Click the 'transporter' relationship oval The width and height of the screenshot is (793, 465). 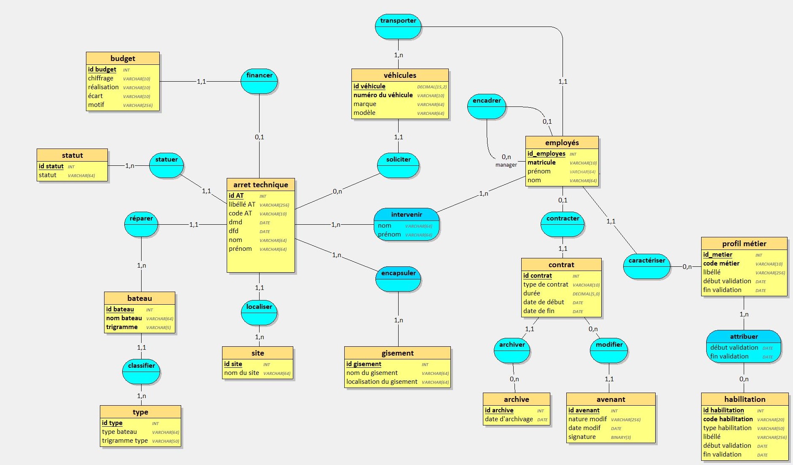click(x=398, y=27)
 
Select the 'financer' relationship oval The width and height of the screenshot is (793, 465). click(x=259, y=81)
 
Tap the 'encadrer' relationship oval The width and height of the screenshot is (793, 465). click(x=487, y=106)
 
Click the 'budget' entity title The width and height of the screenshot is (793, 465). click(x=123, y=58)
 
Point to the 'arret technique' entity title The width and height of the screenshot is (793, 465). click(x=260, y=185)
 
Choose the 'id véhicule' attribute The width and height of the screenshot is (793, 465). click(x=369, y=86)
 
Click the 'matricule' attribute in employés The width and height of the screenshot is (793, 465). click(x=541, y=162)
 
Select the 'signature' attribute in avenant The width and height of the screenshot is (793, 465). click(x=582, y=437)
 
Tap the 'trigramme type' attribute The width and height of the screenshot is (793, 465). click(x=125, y=441)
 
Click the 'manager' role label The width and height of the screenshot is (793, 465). click(x=506, y=165)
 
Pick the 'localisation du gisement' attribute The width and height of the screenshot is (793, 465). click(x=382, y=382)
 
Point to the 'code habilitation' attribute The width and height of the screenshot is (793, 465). click(x=728, y=419)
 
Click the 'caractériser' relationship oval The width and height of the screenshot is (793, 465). click(x=646, y=266)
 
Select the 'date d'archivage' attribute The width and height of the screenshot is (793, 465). click(x=509, y=419)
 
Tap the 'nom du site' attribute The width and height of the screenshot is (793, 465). click(x=241, y=373)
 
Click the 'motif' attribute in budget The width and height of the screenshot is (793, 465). click(x=96, y=105)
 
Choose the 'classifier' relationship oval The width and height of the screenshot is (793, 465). click(x=141, y=372)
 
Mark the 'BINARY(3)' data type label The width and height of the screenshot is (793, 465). click(x=621, y=437)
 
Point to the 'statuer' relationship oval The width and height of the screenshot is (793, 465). click(x=166, y=165)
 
